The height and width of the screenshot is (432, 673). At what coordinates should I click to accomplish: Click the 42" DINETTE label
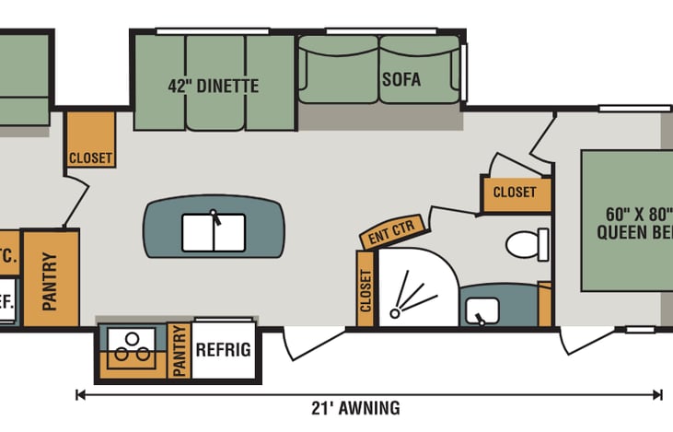click(x=213, y=87)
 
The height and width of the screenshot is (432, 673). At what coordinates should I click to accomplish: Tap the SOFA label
click(x=400, y=79)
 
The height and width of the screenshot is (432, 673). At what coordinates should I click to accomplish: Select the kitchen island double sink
click(x=213, y=232)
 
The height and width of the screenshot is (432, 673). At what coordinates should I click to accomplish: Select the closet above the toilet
click(x=515, y=193)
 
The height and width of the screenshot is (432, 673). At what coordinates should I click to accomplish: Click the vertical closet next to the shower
click(x=366, y=289)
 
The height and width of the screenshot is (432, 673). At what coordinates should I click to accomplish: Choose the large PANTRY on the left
click(x=50, y=278)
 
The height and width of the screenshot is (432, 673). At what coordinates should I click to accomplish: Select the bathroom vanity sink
click(x=481, y=310)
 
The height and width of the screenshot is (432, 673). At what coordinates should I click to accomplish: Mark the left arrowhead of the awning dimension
click(x=81, y=395)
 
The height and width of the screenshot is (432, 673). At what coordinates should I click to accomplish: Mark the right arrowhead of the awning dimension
click(x=657, y=395)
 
